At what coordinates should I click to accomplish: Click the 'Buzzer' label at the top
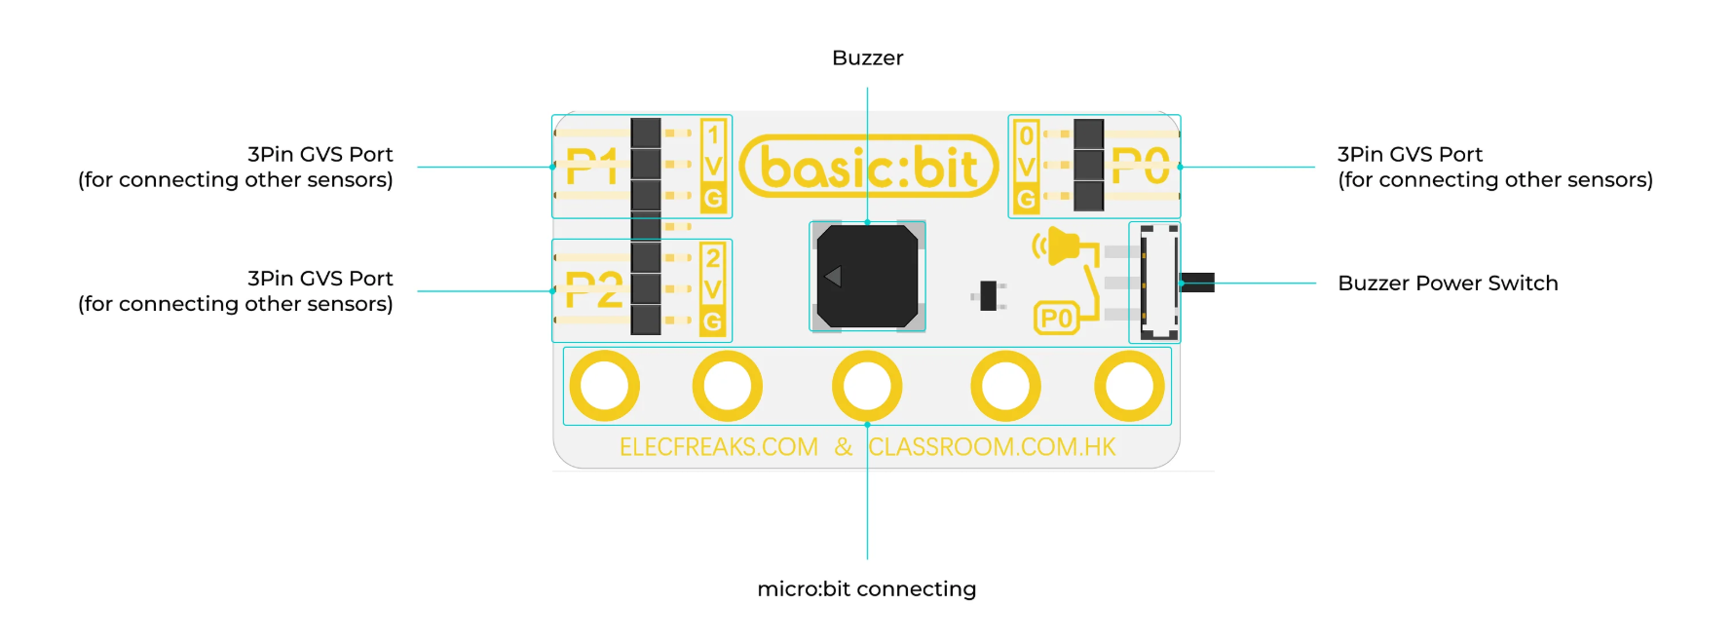pyautogui.click(x=867, y=58)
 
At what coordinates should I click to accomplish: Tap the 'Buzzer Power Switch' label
pyautogui.click(x=1448, y=284)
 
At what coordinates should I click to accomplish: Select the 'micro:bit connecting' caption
pyautogui.click(x=866, y=589)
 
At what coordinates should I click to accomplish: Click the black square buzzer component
pyautogui.click(x=867, y=277)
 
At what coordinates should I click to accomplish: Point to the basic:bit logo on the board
pyautogui.click(x=869, y=167)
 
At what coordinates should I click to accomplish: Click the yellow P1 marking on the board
pyautogui.click(x=591, y=167)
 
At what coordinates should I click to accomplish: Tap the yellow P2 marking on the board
pyautogui.click(x=593, y=290)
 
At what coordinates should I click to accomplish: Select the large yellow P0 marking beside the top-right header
pyautogui.click(x=1140, y=166)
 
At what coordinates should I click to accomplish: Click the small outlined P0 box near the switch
pyautogui.click(x=1056, y=319)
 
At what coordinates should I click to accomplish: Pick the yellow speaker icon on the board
pyautogui.click(x=1058, y=246)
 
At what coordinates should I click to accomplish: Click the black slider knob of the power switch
pyautogui.click(x=1199, y=283)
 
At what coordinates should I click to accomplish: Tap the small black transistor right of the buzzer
pyautogui.click(x=989, y=295)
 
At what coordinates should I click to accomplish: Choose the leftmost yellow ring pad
pyautogui.click(x=604, y=386)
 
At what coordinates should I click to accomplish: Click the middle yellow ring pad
pyautogui.click(x=867, y=386)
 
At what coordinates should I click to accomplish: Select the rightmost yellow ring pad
pyautogui.click(x=1129, y=386)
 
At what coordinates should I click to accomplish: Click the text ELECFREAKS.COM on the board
pyautogui.click(x=719, y=447)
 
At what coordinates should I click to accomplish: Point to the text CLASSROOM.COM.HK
pyautogui.click(x=992, y=447)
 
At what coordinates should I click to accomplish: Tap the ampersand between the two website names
pyautogui.click(x=844, y=447)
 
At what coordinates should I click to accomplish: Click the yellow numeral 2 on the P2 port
pyautogui.click(x=713, y=258)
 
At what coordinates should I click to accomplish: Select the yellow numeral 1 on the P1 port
pyautogui.click(x=713, y=134)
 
